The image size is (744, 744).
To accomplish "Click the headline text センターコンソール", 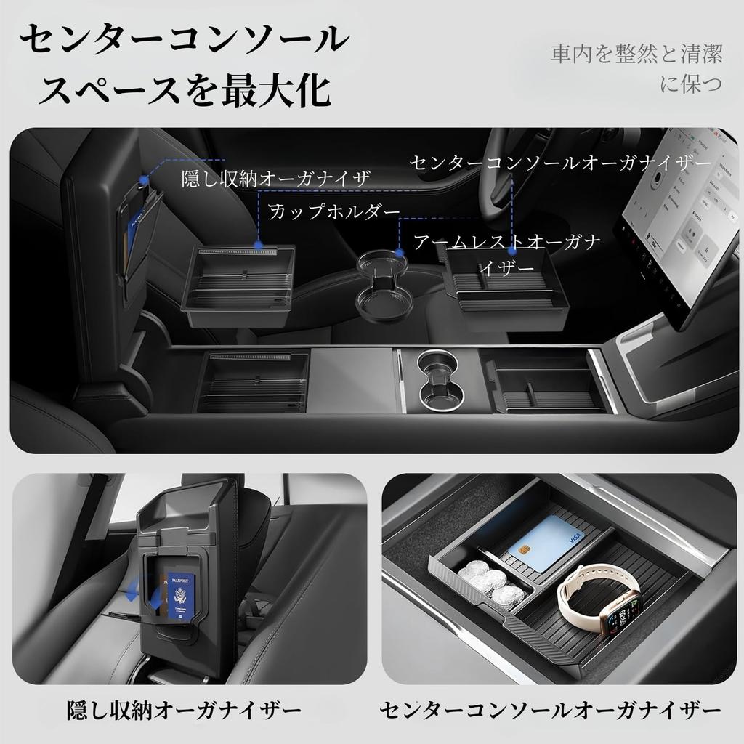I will click(x=182, y=40).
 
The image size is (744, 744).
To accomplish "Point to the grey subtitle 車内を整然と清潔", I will click(x=636, y=55).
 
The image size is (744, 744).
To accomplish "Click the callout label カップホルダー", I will click(x=335, y=211).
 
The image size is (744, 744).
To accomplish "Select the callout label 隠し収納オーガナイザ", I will click(x=276, y=177).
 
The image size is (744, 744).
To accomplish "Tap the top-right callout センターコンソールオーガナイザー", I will click(x=560, y=163).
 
